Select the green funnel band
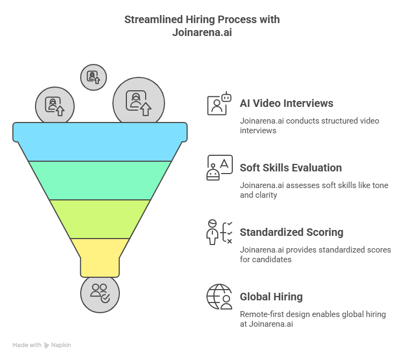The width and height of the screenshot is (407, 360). coord(100,180)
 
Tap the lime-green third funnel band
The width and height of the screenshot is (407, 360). coord(100,219)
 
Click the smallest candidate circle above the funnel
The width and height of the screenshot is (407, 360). coord(94,77)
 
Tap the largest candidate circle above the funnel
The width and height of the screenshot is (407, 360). coord(138,102)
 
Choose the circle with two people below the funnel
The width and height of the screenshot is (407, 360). coord(100,293)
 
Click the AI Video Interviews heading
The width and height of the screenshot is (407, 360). coord(286,103)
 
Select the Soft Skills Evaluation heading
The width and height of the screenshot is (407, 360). coord(290,168)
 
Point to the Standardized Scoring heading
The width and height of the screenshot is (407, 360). coord(291,232)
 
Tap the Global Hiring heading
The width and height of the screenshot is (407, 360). coord(271,297)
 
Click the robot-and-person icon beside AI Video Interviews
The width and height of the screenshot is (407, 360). coord(219,103)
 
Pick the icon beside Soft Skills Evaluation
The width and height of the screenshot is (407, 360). coord(219,168)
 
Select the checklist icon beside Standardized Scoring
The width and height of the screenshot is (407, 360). coord(219,232)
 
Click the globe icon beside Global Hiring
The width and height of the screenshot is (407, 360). coord(219,297)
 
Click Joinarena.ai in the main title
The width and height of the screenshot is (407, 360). coord(202,32)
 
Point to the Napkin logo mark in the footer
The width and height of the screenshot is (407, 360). coord(47,345)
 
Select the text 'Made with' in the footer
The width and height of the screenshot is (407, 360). coord(27,345)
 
